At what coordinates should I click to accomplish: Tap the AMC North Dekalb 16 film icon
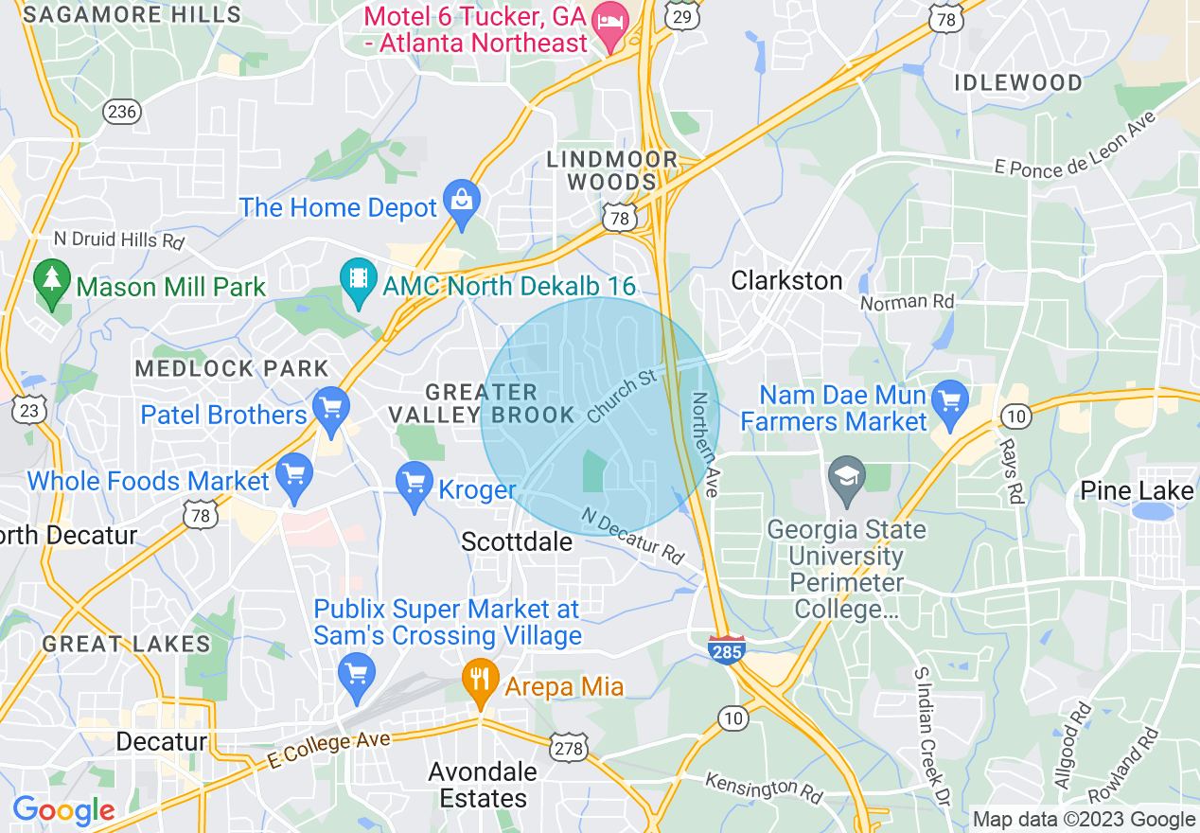pyautogui.click(x=358, y=281)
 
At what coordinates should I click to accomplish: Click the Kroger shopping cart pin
pyautogui.click(x=415, y=485)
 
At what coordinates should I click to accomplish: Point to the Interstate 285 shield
pyautogui.click(x=726, y=648)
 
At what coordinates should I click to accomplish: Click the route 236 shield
pyautogui.click(x=123, y=112)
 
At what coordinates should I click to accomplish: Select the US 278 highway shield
pyautogui.click(x=572, y=747)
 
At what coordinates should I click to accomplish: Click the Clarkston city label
pyautogui.click(x=786, y=280)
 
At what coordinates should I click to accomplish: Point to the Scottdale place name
pyautogui.click(x=517, y=541)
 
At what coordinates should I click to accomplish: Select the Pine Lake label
pyautogui.click(x=1137, y=490)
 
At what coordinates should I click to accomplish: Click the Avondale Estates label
pyautogui.click(x=483, y=785)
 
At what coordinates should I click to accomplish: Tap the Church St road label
pyautogui.click(x=621, y=396)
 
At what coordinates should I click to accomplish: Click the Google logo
pyautogui.click(x=63, y=810)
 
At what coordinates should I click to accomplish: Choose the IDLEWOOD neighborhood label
pyautogui.click(x=1017, y=82)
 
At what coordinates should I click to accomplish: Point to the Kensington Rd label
pyautogui.click(x=763, y=788)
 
